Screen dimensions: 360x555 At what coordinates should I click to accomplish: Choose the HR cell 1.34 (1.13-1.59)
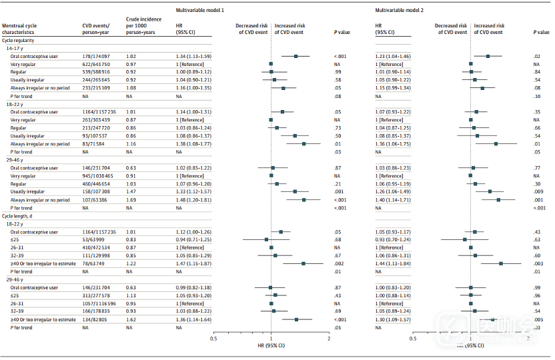click(x=193, y=56)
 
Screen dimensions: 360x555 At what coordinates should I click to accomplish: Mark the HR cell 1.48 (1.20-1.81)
click(x=193, y=199)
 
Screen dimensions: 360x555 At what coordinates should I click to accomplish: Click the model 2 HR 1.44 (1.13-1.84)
click(x=395, y=263)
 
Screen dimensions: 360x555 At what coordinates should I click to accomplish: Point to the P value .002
click(x=338, y=263)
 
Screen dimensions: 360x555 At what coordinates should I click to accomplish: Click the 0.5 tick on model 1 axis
click(x=213, y=338)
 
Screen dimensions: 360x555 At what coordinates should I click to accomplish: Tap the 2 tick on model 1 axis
click(x=329, y=338)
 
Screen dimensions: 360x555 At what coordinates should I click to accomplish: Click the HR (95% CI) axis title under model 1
click(x=271, y=346)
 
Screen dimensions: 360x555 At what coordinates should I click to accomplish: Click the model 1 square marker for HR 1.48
click(x=304, y=199)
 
